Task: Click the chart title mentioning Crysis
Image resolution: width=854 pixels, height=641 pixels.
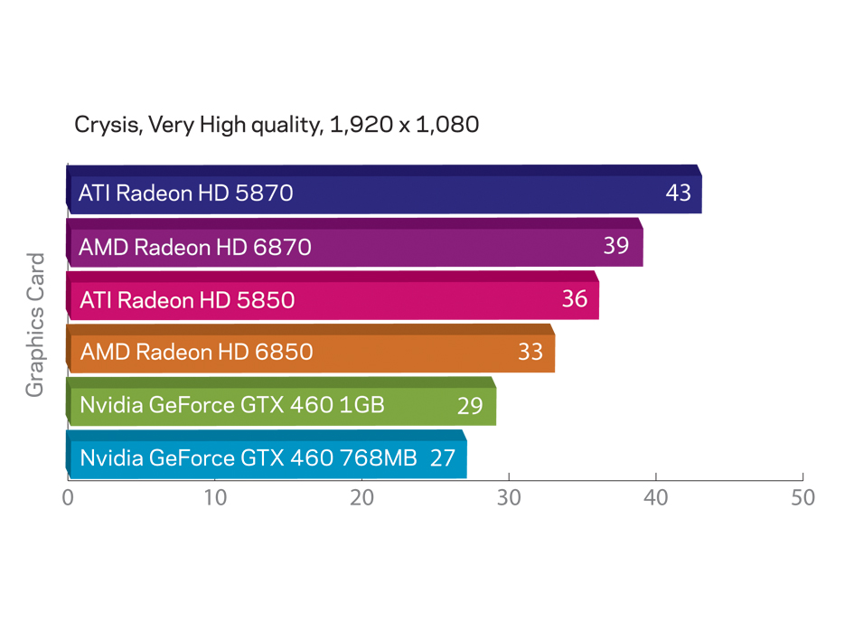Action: [x=277, y=125]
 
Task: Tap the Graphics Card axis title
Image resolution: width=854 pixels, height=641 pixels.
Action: [x=35, y=325]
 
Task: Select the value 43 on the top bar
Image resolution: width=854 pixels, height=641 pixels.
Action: [x=678, y=193]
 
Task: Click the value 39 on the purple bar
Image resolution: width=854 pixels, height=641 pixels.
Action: [x=615, y=246]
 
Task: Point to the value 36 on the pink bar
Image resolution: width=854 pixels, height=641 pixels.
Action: [x=574, y=298]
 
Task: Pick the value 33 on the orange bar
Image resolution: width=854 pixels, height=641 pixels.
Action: [x=530, y=352]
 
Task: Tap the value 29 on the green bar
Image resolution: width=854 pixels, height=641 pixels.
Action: [x=470, y=406]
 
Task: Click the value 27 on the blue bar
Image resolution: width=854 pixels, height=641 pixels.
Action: [x=442, y=458]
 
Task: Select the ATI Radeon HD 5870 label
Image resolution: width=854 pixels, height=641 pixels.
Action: [x=186, y=193]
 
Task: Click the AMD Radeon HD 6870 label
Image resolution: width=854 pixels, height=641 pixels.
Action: [x=195, y=246]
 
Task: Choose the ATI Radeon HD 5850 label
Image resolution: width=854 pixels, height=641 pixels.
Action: [x=187, y=298]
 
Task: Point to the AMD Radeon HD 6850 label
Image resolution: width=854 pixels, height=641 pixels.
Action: [x=196, y=352]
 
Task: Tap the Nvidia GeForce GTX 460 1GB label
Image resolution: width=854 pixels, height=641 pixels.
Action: [x=232, y=405]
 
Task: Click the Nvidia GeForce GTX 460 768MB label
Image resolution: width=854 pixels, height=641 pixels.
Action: [x=249, y=458]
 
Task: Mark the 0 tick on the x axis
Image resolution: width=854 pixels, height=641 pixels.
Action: [x=68, y=498]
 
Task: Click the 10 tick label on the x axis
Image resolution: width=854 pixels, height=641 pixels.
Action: [x=214, y=498]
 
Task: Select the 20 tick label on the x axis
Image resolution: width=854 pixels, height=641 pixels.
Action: [x=361, y=498]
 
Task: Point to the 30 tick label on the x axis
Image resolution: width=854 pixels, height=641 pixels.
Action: [x=509, y=498]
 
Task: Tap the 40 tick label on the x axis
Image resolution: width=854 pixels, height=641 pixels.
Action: [x=656, y=498]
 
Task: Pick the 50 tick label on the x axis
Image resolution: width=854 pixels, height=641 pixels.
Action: [x=802, y=498]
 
